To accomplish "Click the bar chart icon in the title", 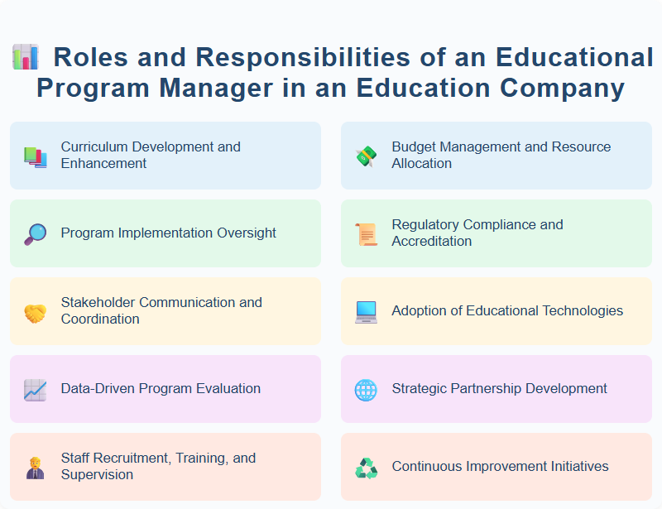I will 25,57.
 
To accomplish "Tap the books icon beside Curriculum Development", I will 35,156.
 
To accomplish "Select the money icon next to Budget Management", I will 366,156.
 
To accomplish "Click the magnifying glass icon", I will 35,234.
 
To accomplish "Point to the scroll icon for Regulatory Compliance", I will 366,234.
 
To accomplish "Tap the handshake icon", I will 35,312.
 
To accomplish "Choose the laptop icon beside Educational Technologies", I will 366,312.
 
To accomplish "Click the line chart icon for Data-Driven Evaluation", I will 35,390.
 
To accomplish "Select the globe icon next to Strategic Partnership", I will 366,390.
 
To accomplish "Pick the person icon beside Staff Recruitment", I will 35,468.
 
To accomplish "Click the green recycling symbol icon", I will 366,468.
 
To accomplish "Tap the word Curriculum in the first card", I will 93,146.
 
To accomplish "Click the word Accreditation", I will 432,241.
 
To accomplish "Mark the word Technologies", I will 582,310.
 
